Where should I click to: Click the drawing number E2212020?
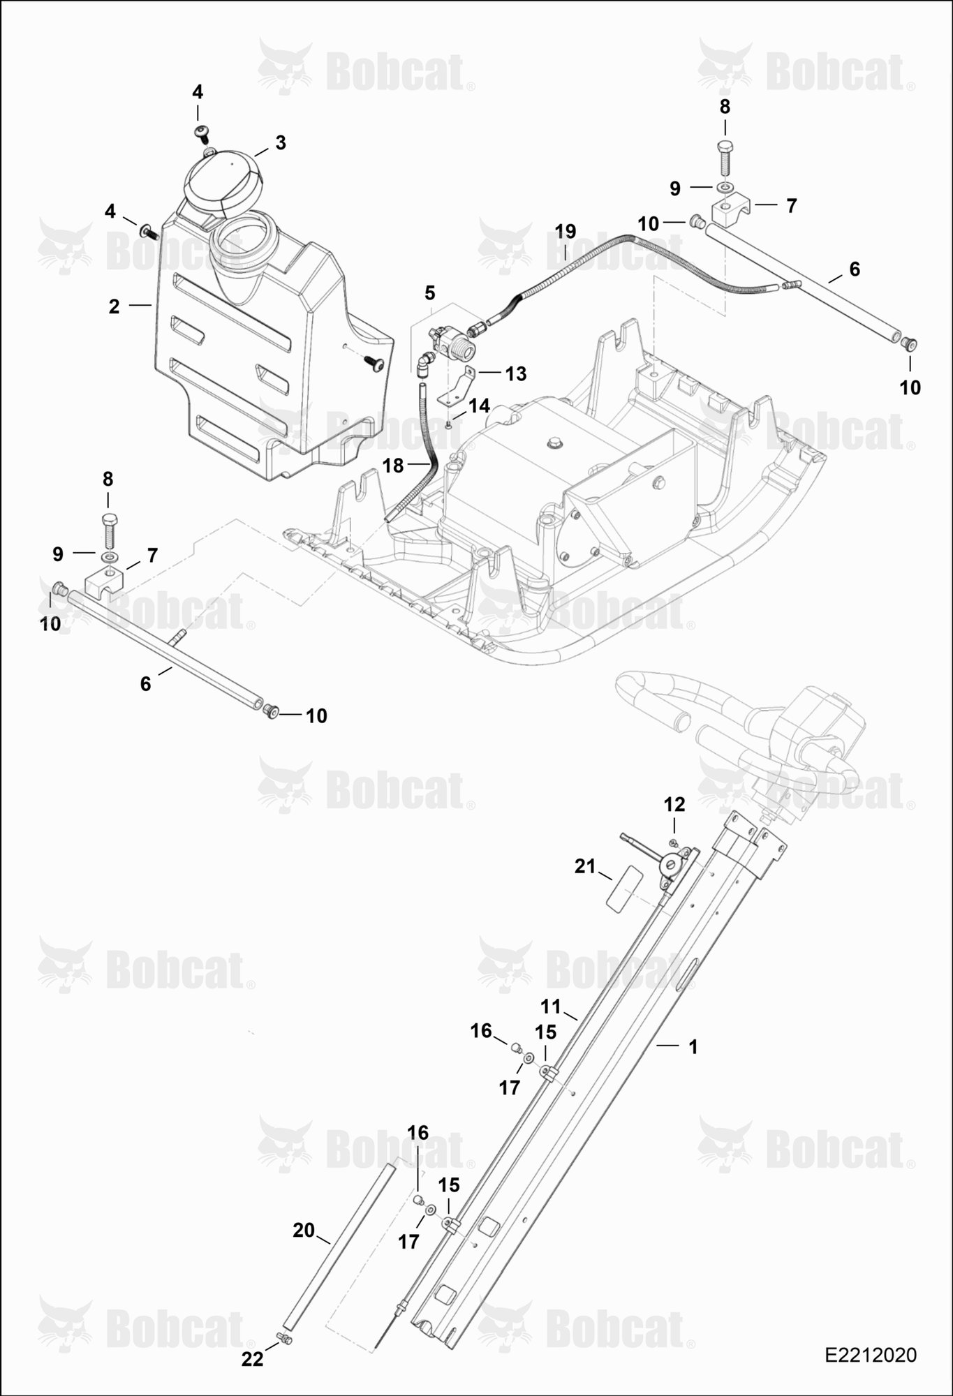(x=871, y=1355)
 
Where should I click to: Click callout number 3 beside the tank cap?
(x=280, y=143)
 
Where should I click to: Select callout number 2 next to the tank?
(x=114, y=306)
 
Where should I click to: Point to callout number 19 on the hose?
(x=566, y=231)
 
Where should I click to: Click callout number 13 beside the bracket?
(x=515, y=374)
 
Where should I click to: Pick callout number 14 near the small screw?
(x=479, y=406)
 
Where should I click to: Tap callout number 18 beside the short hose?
(x=393, y=466)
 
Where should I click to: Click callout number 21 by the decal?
(x=584, y=867)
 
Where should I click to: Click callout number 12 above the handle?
(x=674, y=805)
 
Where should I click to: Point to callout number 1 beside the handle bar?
(x=693, y=1047)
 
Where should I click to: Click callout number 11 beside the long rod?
(x=551, y=1007)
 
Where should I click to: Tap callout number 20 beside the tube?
(x=304, y=1231)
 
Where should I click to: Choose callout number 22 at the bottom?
(x=253, y=1359)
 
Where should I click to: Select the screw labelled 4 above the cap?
(x=201, y=131)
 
